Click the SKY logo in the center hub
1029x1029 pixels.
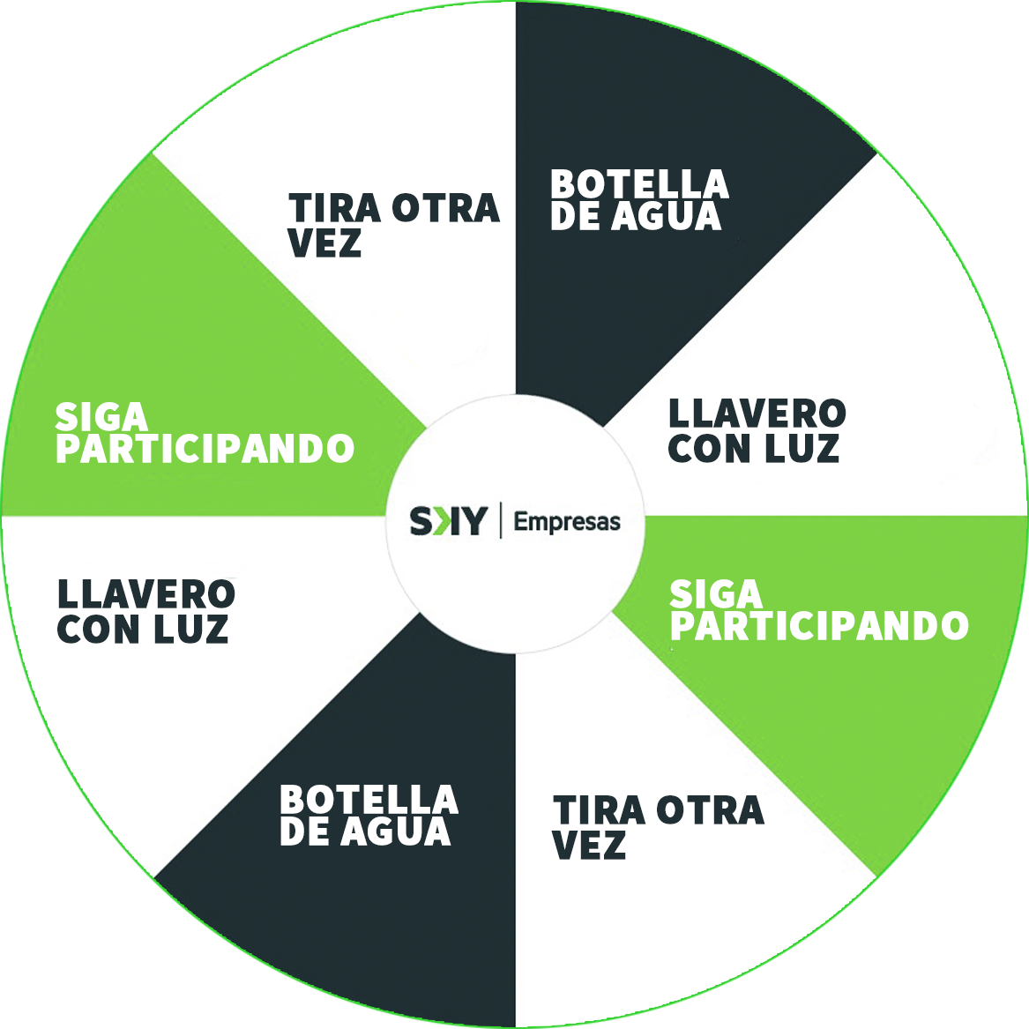click(x=449, y=521)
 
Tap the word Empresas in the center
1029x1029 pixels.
click(x=567, y=522)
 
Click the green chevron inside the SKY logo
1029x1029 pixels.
click(x=443, y=521)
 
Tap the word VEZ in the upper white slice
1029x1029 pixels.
click(x=324, y=242)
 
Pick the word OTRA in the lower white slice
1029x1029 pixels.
click(x=711, y=809)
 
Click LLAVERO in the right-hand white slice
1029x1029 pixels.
click(x=757, y=414)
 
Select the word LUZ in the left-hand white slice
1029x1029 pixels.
click(x=191, y=628)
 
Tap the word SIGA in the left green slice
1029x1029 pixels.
click(x=101, y=416)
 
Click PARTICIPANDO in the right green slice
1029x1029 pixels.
click(x=819, y=625)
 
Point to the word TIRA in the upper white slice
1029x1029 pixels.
click(x=335, y=208)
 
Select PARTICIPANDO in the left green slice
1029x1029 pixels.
click(x=205, y=448)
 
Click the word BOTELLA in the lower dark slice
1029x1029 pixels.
click(x=369, y=800)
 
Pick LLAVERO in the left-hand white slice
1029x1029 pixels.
click(x=146, y=594)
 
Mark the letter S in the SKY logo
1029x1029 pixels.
click(x=421, y=521)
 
